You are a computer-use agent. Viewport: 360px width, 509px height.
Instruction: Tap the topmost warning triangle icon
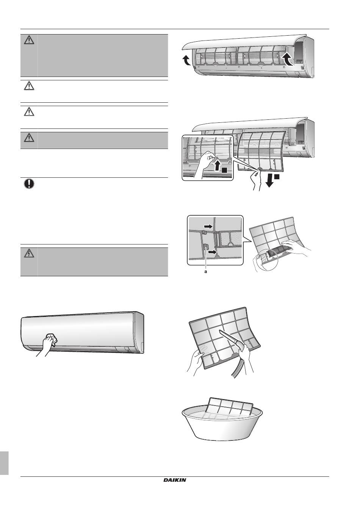pos(29,41)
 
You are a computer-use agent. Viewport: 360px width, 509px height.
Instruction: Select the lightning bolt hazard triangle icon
pos(29,253)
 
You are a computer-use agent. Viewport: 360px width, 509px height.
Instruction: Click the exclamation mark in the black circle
pos(29,184)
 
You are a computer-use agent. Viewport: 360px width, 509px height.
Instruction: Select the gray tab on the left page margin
pos(4,462)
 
